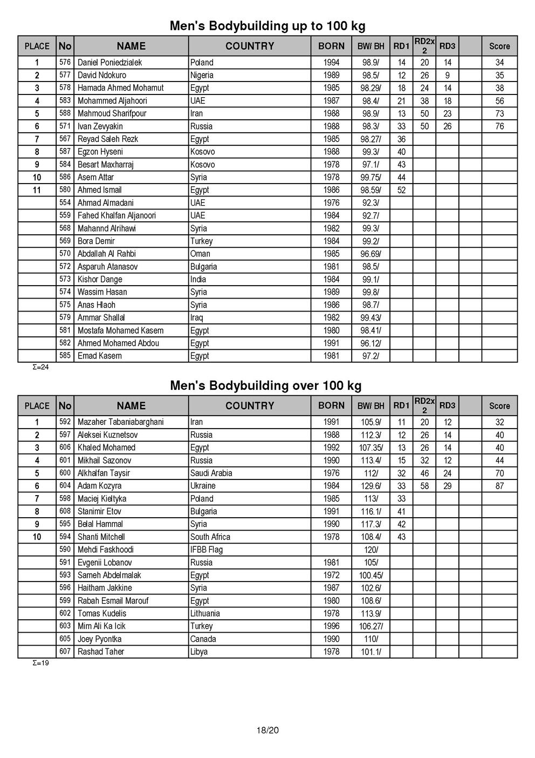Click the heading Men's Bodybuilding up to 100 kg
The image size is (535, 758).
click(267, 26)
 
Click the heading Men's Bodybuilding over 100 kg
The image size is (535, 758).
click(265, 385)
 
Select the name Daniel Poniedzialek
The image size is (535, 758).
click(109, 63)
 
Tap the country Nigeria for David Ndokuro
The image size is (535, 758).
click(202, 75)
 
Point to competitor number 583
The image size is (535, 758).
click(65, 100)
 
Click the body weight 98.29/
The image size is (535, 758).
click(370, 88)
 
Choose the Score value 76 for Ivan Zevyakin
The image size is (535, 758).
click(499, 126)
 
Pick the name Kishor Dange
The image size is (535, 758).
click(100, 279)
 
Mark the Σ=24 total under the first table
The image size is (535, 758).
click(41, 368)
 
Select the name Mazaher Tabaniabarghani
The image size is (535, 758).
click(120, 422)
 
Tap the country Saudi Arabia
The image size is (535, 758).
click(211, 473)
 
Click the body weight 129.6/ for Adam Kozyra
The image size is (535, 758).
click(370, 486)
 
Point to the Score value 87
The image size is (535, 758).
click(499, 486)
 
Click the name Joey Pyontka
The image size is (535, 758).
click(99, 639)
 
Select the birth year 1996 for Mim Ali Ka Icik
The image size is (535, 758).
click(331, 626)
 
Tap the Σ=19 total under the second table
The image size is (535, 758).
click(41, 663)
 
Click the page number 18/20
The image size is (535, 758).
click(267, 731)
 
